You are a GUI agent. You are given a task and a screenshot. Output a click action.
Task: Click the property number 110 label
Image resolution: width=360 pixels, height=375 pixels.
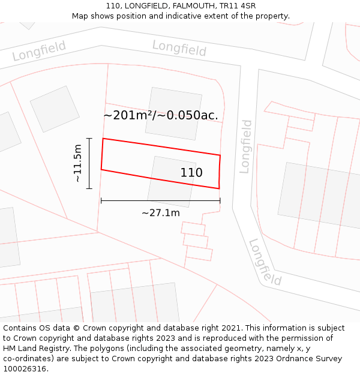point(191,173)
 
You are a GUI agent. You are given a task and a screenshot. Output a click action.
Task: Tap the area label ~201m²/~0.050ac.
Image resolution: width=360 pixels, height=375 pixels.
point(161,115)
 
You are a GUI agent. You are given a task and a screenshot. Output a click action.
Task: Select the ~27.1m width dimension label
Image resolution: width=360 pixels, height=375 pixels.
point(160,212)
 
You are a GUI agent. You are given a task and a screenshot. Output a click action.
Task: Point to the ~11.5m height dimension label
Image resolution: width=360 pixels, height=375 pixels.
point(77,163)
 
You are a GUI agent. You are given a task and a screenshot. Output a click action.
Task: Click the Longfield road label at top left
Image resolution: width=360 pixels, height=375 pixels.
point(39,52)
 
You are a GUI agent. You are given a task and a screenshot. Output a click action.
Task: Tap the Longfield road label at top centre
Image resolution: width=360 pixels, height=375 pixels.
point(179,48)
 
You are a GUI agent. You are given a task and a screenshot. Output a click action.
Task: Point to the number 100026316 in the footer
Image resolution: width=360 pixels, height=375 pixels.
point(25,369)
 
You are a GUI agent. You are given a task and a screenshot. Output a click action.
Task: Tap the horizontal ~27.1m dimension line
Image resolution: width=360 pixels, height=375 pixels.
point(160,201)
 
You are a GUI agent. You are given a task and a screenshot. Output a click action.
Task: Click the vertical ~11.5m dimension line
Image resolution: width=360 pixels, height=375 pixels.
point(89,163)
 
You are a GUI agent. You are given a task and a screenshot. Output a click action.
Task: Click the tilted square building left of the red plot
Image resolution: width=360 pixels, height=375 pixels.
point(55,109)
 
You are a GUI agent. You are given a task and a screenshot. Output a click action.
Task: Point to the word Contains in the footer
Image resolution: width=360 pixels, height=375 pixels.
point(20,328)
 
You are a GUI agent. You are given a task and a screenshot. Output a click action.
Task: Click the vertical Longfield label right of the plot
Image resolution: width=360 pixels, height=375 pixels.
point(246,146)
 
